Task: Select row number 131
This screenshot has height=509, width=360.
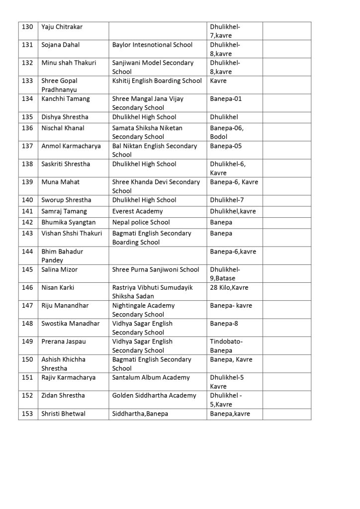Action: (x=28, y=45)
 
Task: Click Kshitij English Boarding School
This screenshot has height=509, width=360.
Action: (x=157, y=81)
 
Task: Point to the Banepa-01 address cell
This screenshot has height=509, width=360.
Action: (x=226, y=99)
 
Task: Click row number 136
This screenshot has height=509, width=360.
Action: (x=28, y=128)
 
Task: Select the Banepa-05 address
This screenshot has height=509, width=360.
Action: (x=226, y=146)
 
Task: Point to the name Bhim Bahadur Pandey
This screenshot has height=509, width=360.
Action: (x=62, y=256)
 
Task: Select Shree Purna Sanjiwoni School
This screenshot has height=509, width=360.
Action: (x=155, y=269)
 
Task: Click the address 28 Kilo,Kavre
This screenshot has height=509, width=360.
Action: (x=229, y=287)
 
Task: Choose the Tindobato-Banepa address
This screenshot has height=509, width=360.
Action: (x=226, y=346)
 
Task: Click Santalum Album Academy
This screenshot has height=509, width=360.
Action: (x=151, y=377)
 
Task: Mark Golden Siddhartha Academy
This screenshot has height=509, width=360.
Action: (x=154, y=396)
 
